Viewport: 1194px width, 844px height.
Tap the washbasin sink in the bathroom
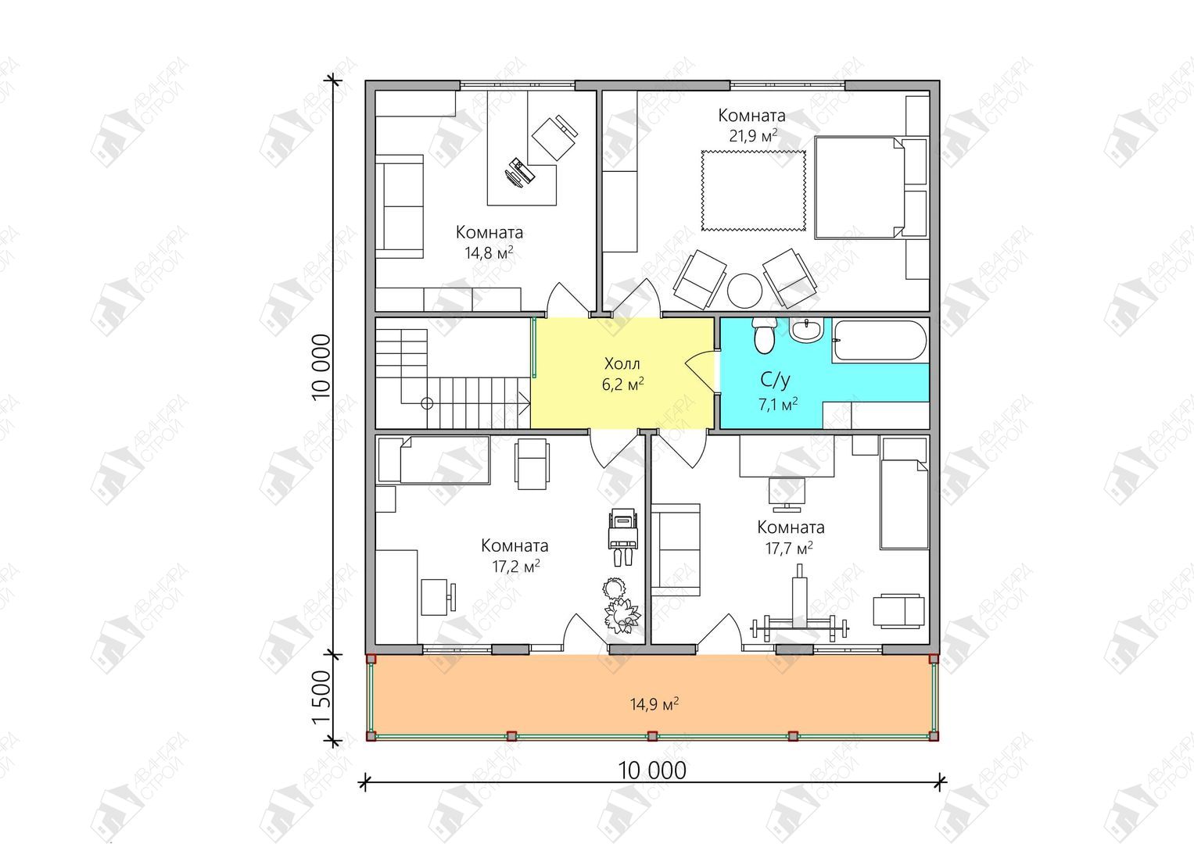point(807,330)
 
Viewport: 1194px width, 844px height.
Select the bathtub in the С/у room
point(880,340)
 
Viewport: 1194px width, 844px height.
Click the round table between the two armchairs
point(744,291)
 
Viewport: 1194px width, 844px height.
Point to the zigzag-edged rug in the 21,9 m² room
point(753,191)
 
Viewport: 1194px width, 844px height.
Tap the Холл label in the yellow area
point(622,364)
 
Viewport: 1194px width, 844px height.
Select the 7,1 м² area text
point(778,405)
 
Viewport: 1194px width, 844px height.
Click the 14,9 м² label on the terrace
point(654,704)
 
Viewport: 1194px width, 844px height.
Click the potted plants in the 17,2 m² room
point(620,606)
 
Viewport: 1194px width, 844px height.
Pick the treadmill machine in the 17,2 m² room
point(624,536)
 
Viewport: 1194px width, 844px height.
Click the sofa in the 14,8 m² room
point(400,207)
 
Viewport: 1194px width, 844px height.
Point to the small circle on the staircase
point(427,403)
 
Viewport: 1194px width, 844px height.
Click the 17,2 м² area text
point(516,566)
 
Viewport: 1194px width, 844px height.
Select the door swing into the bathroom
point(700,370)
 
